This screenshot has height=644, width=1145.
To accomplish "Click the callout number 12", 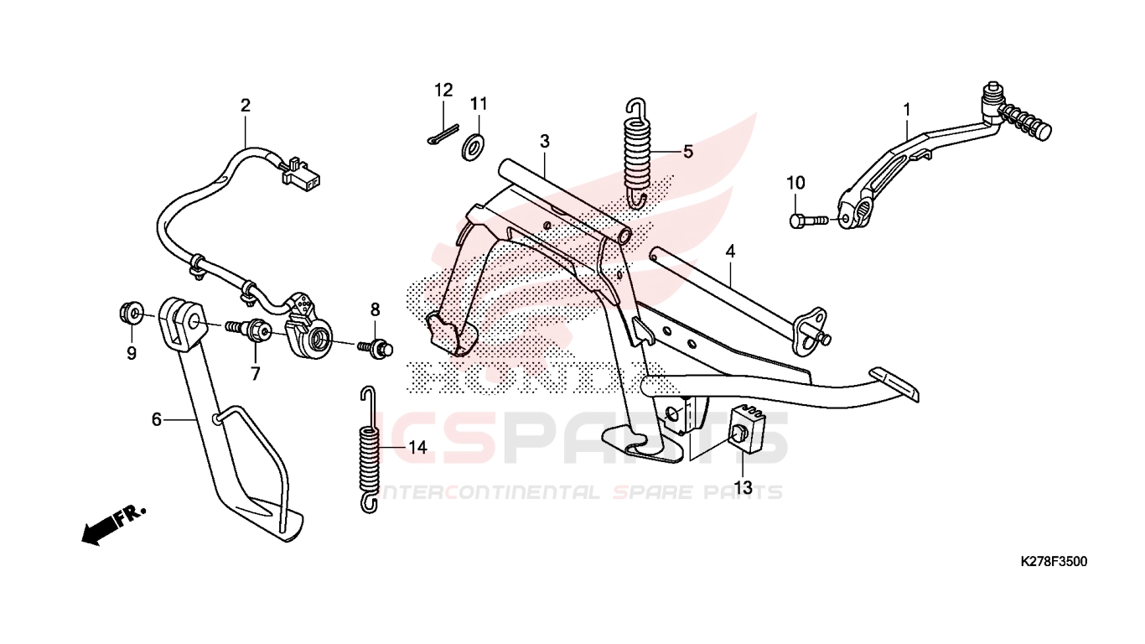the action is pyautogui.click(x=443, y=91).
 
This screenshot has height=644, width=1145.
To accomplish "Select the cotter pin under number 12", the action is pyautogui.click(x=443, y=134).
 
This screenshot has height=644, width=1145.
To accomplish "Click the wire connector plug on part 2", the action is pyautogui.click(x=300, y=175).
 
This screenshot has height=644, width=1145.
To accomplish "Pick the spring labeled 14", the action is pyautogui.click(x=370, y=449).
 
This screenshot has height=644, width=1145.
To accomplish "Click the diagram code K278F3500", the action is pyautogui.click(x=1054, y=561).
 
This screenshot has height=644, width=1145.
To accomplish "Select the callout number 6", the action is pyautogui.click(x=157, y=419).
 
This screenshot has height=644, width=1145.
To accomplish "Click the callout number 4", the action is pyautogui.click(x=730, y=252).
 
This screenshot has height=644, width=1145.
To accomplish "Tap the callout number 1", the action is pyautogui.click(x=907, y=110).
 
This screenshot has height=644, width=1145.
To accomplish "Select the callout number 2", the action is pyautogui.click(x=246, y=106).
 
